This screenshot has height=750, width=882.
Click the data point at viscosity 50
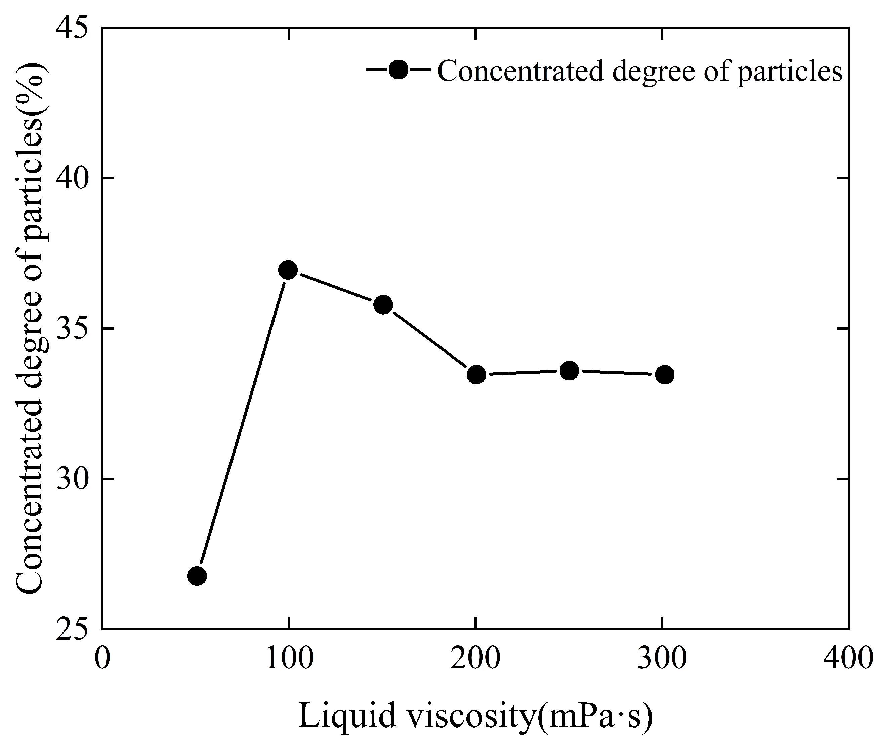(x=197, y=576)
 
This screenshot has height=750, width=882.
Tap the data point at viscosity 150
(x=383, y=304)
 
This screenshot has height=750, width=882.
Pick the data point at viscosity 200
(x=476, y=375)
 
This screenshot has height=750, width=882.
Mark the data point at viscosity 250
(x=569, y=371)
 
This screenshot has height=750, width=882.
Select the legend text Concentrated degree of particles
(x=639, y=71)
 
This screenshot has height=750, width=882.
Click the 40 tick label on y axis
(x=72, y=179)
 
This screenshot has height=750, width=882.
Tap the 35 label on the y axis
(x=72, y=329)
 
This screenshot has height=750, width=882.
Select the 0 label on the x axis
(x=102, y=659)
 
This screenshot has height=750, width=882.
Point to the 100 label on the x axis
(x=289, y=659)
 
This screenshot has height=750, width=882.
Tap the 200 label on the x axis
(x=475, y=659)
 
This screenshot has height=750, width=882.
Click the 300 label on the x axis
(x=662, y=659)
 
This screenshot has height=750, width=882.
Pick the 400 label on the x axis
(x=848, y=659)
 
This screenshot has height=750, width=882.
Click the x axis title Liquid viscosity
(x=475, y=717)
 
